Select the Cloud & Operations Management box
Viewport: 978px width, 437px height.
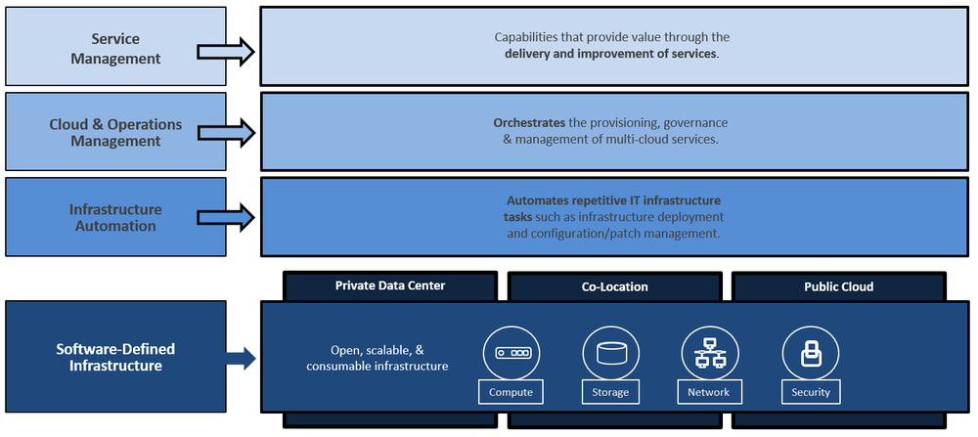tap(116, 133)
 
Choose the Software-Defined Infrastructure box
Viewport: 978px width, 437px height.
tap(115, 357)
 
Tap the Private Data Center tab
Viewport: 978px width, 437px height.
tap(390, 285)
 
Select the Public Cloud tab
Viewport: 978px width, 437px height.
tap(838, 286)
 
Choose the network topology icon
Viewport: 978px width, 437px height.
tap(708, 353)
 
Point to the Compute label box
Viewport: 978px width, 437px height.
tap(511, 392)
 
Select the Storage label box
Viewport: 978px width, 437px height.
tap(610, 392)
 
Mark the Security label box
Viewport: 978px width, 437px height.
tap(811, 392)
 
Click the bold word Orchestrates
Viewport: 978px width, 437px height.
tap(529, 123)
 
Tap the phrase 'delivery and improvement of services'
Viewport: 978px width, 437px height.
tap(611, 53)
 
